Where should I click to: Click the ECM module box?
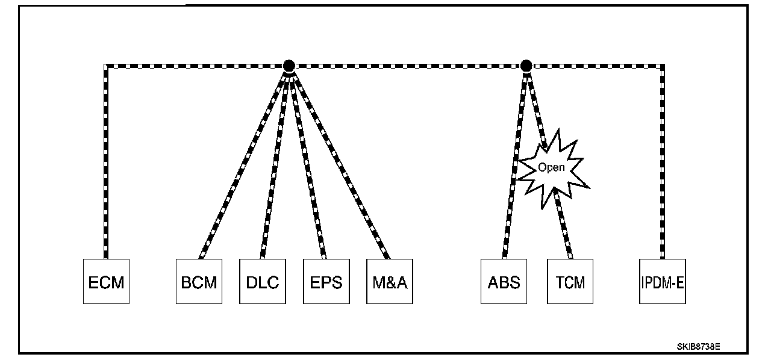[x=106, y=281]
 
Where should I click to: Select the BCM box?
[x=199, y=281]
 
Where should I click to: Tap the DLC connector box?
[x=263, y=281]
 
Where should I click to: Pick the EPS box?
[x=326, y=281]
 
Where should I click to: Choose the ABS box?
[x=504, y=281]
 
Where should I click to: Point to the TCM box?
[x=570, y=281]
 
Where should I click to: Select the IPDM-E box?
[x=663, y=281]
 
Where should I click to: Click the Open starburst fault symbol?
[x=552, y=167]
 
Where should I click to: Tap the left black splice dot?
[x=289, y=65]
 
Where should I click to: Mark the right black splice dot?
[x=526, y=65]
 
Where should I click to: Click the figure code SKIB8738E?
[x=698, y=347]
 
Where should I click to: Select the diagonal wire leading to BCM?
[x=244, y=163]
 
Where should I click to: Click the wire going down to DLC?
[x=275, y=163]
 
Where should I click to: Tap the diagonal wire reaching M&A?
[x=340, y=163]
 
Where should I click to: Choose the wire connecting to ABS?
[x=514, y=163]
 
